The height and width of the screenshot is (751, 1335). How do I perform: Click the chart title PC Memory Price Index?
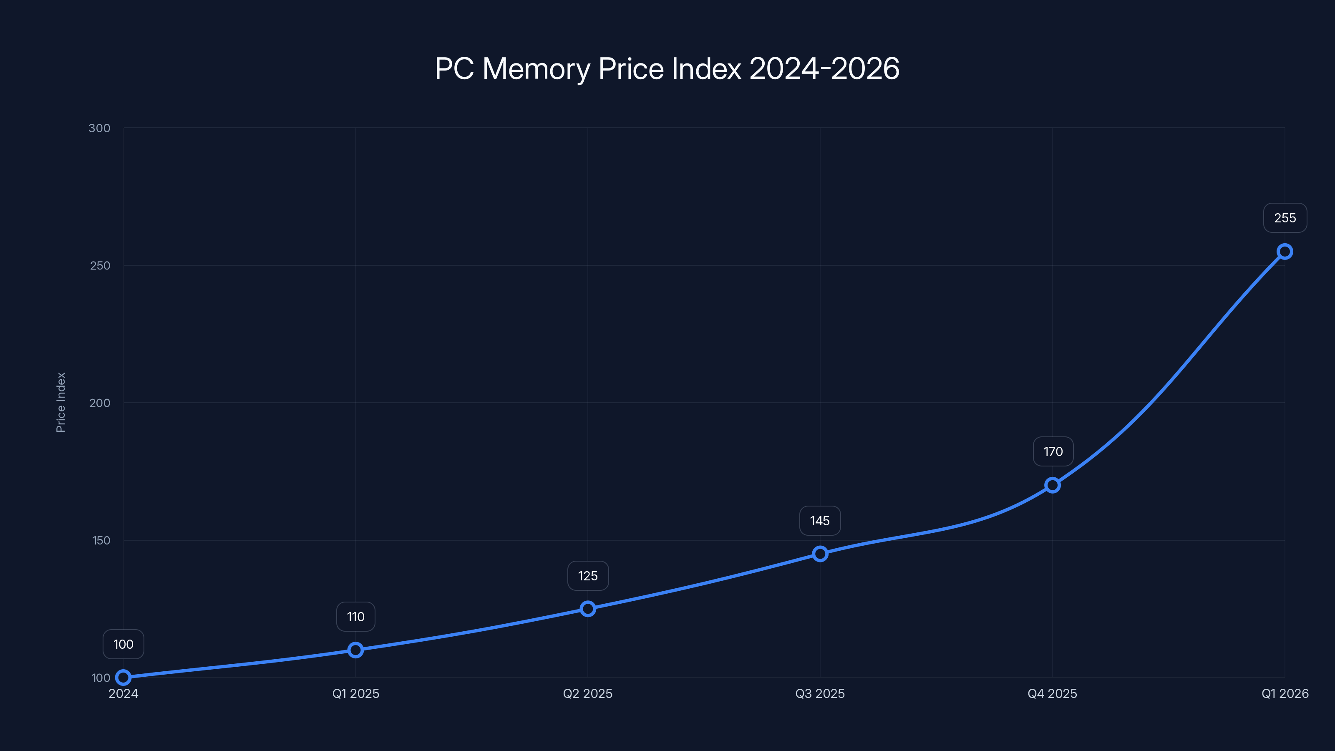click(667, 68)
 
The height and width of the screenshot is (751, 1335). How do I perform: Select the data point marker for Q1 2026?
click(1285, 252)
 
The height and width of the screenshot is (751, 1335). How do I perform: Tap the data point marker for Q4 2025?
click(1052, 485)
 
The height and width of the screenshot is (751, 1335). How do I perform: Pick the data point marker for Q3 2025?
click(820, 554)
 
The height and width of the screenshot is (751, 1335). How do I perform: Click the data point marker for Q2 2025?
click(588, 608)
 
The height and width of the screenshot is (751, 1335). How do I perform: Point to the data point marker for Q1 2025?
click(355, 650)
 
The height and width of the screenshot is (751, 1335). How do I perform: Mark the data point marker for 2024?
click(123, 678)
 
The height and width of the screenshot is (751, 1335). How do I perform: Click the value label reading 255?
click(1285, 218)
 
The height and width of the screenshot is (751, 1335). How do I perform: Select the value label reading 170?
click(1053, 452)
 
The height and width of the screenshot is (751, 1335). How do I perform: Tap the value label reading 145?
click(820, 521)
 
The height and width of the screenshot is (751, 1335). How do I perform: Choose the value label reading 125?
click(588, 576)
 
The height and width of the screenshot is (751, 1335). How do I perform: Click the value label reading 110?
click(355, 617)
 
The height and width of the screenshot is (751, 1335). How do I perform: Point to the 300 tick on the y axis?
click(100, 128)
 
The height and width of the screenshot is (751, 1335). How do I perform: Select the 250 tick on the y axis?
click(100, 265)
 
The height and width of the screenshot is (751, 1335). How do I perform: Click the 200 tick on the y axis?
click(100, 403)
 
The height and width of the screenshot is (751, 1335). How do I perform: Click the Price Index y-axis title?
click(60, 402)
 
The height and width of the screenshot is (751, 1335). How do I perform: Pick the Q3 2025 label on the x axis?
click(820, 693)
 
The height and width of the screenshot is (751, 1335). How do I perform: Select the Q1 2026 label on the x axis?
click(1285, 693)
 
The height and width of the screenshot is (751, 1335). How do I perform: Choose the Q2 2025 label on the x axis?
click(588, 693)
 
